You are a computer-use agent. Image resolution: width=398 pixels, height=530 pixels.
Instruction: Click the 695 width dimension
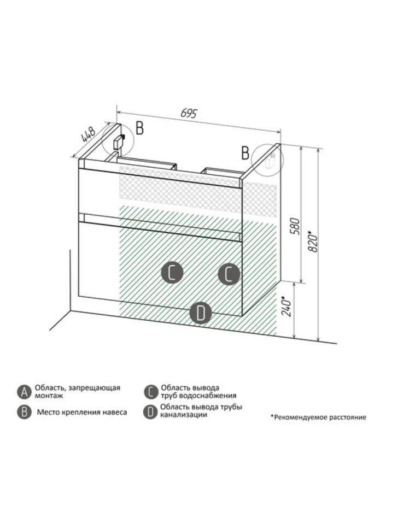tap(189, 114)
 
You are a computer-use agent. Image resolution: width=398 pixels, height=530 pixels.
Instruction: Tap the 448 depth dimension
tap(88, 134)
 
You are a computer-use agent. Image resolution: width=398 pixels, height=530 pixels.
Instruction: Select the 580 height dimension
tap(295, 226)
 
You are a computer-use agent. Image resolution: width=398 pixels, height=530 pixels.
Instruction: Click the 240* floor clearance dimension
tap(286, 307)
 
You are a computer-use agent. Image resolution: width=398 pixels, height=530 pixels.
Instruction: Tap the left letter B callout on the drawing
tap(139, 128)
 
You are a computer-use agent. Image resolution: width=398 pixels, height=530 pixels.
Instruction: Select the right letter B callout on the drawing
tap(245, 153)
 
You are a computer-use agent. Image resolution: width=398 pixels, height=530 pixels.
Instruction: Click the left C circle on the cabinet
tap(172, 273)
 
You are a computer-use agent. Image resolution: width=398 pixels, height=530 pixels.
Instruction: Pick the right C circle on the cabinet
tap(229, 274)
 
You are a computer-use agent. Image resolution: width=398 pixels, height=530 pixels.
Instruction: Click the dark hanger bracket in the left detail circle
tap(119, 142)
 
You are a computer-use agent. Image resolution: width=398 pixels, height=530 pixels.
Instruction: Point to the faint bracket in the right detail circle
tap(271, 162)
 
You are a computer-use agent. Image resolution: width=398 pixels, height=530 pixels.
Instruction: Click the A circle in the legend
tap(25, 392)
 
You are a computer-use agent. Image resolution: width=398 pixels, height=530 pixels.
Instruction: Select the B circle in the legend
tap(25, 412)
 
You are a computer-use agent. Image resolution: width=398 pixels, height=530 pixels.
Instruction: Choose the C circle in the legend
tap(151, 392)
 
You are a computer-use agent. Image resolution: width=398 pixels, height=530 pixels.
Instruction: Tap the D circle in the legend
tap(150, 411)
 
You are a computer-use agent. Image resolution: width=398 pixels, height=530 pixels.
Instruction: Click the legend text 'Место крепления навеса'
tap(82, 412)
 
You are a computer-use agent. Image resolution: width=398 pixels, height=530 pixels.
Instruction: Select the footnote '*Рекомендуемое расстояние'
tap(318, 417)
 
